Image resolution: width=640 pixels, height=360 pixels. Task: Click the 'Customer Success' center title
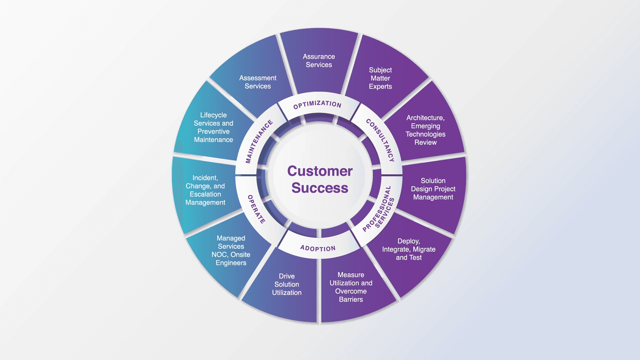[320, 179]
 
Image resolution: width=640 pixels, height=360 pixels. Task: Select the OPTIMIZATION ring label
[317, 104]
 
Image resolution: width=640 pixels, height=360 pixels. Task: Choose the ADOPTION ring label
[318, 248]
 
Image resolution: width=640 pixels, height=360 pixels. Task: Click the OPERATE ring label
[256, 209]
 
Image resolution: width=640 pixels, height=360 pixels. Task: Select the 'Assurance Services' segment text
[319, 61]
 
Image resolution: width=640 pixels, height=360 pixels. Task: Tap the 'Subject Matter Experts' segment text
[380, 78]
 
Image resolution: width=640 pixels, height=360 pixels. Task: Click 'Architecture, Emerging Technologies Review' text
[425, 130]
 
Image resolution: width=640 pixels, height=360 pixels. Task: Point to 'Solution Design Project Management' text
[433, 189]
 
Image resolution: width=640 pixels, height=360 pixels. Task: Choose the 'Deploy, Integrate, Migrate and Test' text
[409, 249]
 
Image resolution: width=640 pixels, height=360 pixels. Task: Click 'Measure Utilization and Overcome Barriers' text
[351, 287]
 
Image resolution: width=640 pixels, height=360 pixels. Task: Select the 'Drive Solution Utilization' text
[287, 284]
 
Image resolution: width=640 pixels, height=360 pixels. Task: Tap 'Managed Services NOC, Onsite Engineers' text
[231, 251]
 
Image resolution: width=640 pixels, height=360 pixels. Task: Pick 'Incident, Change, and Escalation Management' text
[205, 190]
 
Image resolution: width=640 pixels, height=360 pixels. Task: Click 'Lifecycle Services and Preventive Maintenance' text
[213, 127]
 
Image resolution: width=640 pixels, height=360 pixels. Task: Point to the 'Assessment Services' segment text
[258, 82]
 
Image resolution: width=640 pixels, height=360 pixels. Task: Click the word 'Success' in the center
[320, 188]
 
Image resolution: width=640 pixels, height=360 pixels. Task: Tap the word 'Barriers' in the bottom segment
[351, 299]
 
